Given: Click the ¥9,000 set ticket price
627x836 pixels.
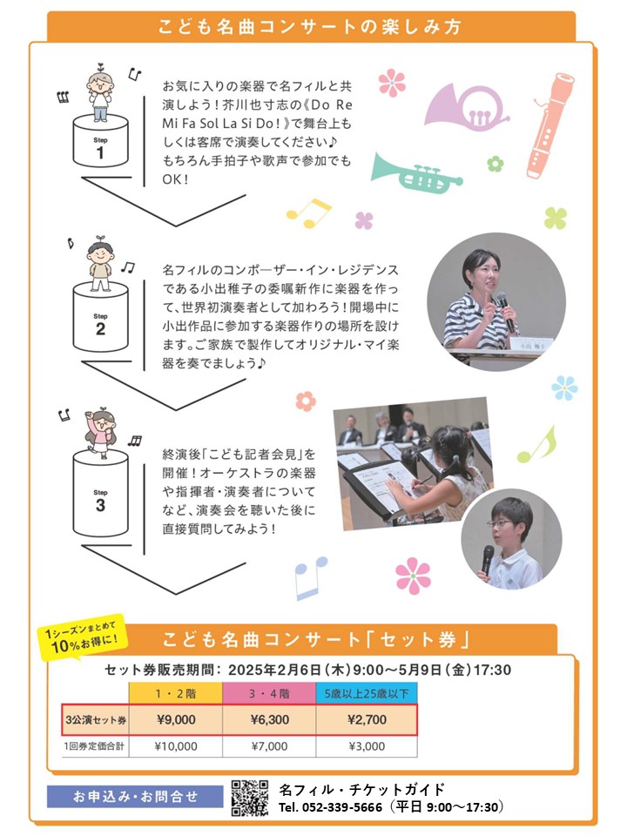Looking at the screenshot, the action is coord(176,720).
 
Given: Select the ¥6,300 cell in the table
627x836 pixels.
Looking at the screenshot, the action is coord(270,720).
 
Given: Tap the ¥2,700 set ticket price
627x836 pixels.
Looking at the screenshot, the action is coord(367,720).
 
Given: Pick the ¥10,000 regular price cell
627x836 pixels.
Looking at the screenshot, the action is coord(176,746).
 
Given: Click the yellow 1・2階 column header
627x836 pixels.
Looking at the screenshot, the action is coord(175,694).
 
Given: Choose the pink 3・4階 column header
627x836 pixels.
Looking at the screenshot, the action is coord(269,694).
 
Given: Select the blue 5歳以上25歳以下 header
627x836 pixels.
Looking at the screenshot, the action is coord(367,694).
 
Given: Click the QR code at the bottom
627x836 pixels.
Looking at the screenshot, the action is coord(250,799).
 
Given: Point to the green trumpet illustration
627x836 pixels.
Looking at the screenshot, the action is coord(416,172).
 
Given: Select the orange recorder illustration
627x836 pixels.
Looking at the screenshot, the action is coord(549,125).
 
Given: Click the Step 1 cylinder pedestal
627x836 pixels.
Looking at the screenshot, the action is coord(100,141).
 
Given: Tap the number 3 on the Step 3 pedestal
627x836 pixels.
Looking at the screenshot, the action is coord(100,505).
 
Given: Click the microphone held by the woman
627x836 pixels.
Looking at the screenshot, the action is coord(505,311).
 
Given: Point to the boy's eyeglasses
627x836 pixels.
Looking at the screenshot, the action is coord(499,523).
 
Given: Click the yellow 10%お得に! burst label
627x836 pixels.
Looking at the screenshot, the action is coord(82,638).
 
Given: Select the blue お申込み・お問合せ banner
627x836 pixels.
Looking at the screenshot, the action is coord(135,797).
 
